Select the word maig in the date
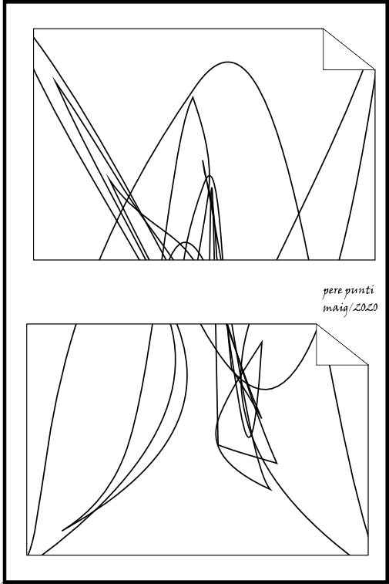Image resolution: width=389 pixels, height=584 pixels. (x=334, y=309)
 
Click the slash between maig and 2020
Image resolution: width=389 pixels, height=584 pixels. (x=350, y=309)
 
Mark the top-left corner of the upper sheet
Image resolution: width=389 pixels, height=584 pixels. (x=33, y=29)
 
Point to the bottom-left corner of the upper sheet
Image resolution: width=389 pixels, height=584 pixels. (x=33, y=259)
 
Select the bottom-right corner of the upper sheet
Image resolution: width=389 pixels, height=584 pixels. (x=375, y=259)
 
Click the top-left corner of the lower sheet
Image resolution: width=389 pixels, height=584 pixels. (x=27, y=324)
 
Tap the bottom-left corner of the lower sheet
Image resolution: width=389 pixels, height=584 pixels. (x=27, y=555)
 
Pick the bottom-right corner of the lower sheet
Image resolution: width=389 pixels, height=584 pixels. (x=368, y=555)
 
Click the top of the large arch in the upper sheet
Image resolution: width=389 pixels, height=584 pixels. (x=227, y=62)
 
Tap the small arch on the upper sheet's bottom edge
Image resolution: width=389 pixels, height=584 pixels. (x=185, y=242)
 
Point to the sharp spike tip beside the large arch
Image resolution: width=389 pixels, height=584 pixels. (x=193, y=97)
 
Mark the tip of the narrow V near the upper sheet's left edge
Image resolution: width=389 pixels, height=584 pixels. (x=54, y=77)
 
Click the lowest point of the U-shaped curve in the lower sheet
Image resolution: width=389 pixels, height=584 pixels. (x=266, y=390)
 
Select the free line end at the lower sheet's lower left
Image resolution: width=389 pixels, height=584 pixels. (x=62, y=530)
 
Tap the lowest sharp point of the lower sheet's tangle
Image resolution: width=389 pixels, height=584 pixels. (x=271, y=490)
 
